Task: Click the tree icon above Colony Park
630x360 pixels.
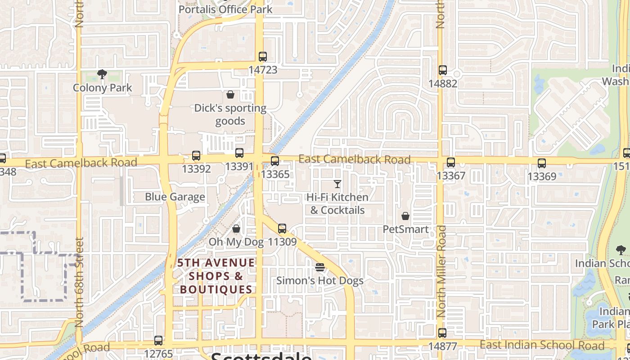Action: pyautogui.click(x=102, y=74)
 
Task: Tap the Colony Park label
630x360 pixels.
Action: pyautogui.click(x=103, y=88)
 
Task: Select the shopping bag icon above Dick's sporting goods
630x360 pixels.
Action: pyautogui.click(x=230, y=94)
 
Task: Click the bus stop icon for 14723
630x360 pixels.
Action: pyautogui.click(x=263, y=57)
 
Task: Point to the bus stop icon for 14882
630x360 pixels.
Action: pyautogui.click(x=443, y=70)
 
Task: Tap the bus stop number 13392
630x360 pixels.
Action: pyautogui.click(x=196, y=169)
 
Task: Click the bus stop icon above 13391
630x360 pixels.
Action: pyautogui.click(x=239, y=153)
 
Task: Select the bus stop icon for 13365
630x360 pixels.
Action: pyautogui.click(x=275, y=161)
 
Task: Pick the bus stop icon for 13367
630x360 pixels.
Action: pyautogui.click(x=451, y=162)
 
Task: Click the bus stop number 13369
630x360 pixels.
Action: pyautogui.click(x=542, y=176)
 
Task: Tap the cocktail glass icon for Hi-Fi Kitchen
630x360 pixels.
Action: pyautogui.click(x=337, y=184)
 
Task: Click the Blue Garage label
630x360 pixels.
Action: pyautogui.click(x=175, y=197)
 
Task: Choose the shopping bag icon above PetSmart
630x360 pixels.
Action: pyautogui.click(x=405, y=216)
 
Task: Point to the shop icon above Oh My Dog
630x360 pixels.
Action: pyautogui.click(x=236, y=229)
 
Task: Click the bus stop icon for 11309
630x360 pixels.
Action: pyautogui.click(x=282, y=229)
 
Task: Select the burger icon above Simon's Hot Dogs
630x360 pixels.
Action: pyautogui.click(x=320, y=267)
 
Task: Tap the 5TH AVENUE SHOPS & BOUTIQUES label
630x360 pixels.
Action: pyautogui.click(x=216, y=275)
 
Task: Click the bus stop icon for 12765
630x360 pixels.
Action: pyautogui.click(x=158, y=341)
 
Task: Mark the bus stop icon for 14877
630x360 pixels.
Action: pyautogui.click(x=443, y=333)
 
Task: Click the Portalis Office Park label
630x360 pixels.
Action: pyautogui.click(x=225, y=9)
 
